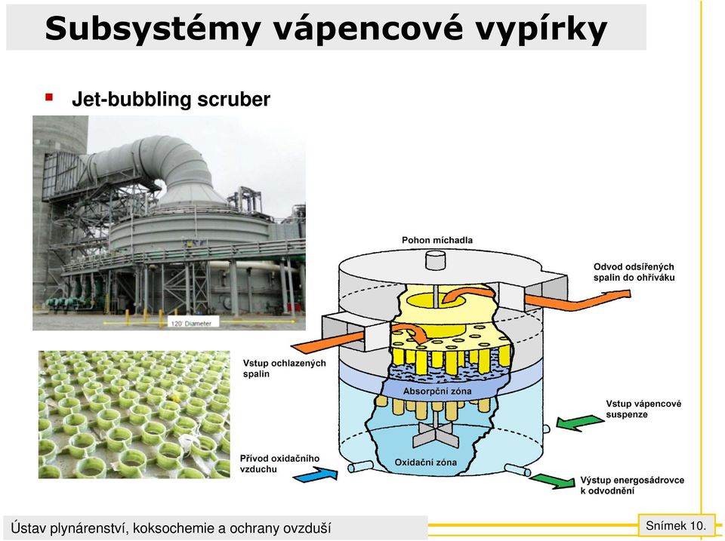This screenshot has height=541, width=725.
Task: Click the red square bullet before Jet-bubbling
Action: tap(49, 97)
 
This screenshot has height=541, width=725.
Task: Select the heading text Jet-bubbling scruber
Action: tap(171, 100)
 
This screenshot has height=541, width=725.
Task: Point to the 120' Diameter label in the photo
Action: tap(191, 324)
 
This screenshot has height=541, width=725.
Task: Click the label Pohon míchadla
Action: tap(437, 240)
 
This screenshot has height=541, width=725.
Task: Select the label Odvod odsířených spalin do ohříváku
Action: tap(634, 272)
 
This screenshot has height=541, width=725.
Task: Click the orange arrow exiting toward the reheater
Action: tap(578, 301)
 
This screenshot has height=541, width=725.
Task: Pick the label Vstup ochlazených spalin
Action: tap(285, 368)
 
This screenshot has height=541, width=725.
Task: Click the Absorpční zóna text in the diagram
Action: tap(437, 392)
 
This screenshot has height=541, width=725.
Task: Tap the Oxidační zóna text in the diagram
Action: tap(425, 462)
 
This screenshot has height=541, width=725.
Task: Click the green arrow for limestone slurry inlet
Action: tap(579, 423)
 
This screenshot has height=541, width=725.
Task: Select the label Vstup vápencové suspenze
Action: tap(643, 409)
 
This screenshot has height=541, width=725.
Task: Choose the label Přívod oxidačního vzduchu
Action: tap(279, 464)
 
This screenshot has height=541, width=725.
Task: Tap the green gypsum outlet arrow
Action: tap(553, 481)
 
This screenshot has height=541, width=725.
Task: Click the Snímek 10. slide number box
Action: tap(675, 525)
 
